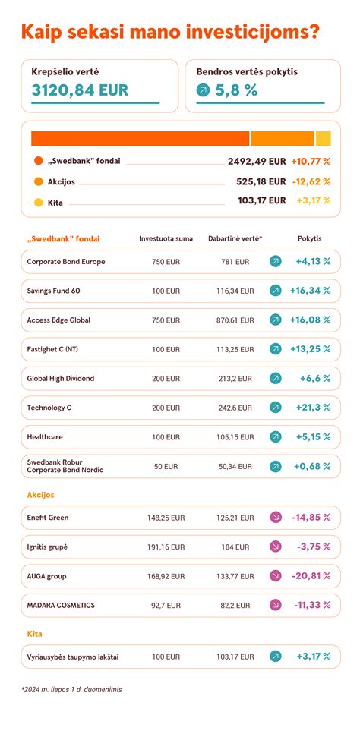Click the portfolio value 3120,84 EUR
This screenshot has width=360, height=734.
[80, 90]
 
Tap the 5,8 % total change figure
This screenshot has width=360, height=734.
[236, 90]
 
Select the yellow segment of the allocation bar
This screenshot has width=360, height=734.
[323, 138]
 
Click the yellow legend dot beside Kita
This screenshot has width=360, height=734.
[39, 201]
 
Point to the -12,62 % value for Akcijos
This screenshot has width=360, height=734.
[311, 181]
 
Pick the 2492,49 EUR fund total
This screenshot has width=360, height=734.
[257, 161]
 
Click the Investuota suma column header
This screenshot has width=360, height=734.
[166, 238]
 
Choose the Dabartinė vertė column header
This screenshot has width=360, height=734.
[235, 238]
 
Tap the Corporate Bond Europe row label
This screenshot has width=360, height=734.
[66, 262]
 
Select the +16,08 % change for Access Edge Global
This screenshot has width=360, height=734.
[310, 320]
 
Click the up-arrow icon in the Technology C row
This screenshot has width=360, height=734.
[276, 408]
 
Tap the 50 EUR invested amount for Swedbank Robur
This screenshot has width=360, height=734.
[166, 466]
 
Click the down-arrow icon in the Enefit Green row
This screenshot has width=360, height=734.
[276, 518]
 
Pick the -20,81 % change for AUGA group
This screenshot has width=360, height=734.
[311, 576]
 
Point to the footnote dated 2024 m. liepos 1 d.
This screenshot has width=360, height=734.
[71, 690]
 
